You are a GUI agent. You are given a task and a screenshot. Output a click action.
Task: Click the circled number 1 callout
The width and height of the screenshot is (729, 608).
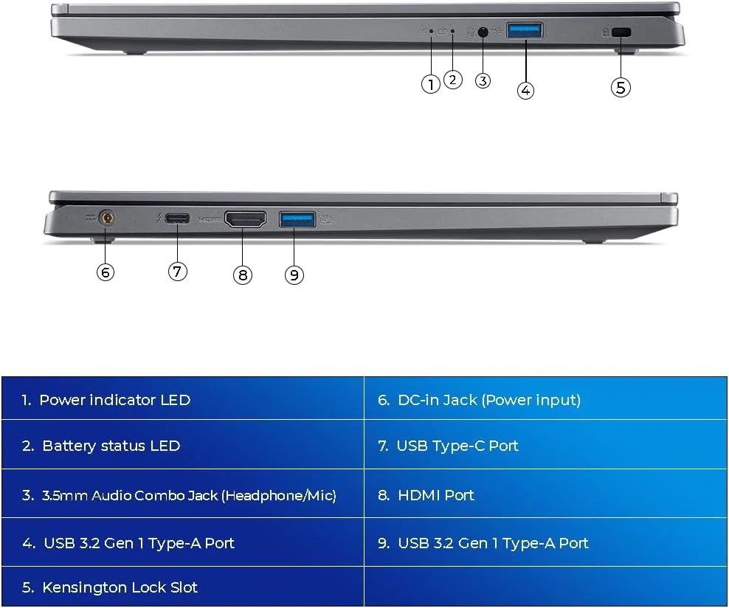coord(430,84)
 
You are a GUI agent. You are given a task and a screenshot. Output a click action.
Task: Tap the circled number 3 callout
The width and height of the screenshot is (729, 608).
coord(483,81)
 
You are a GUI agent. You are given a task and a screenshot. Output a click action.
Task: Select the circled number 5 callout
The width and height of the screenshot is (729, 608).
coord(621,87)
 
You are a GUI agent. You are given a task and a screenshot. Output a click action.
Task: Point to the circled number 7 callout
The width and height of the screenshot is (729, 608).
coord(178,271)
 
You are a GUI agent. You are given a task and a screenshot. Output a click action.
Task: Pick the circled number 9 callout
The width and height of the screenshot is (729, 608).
coord(294,274)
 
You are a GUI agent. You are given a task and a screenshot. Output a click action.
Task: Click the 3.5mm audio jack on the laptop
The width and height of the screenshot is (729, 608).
coord(483,32)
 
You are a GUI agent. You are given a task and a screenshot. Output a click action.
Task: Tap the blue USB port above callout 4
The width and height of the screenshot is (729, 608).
coord(525,31)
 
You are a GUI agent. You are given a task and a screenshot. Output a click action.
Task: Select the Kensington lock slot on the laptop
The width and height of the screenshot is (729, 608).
coord(621,32)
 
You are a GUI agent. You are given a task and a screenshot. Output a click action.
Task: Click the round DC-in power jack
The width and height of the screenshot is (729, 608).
coord(108,218)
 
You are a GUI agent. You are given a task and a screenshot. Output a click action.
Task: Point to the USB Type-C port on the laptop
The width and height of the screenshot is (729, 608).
coord(177,218)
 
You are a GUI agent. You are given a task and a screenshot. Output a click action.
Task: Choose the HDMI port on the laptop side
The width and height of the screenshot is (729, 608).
coord(246,219)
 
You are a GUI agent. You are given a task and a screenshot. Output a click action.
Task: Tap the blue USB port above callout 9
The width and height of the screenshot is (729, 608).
coord(297,219)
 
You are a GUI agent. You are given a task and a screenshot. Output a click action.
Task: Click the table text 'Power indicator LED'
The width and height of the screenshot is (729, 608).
coord(115,400)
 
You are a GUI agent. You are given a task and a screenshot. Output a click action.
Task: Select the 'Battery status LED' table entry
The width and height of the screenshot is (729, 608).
coord(111,446)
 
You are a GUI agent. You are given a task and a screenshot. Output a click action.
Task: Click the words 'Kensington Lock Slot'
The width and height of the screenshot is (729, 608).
coord(120,587)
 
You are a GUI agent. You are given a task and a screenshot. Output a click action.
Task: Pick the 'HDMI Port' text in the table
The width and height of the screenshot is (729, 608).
coord(436,495)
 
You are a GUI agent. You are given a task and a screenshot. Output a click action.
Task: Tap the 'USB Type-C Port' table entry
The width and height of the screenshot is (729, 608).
coord(457,446)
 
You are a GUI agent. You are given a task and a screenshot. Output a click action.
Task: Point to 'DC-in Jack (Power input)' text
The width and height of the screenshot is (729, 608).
coord(489,400)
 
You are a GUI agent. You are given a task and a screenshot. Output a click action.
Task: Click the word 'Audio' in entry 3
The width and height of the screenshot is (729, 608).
coord(111,496)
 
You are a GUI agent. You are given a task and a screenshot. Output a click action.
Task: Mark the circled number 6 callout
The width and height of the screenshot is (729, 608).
coord(106,272)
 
